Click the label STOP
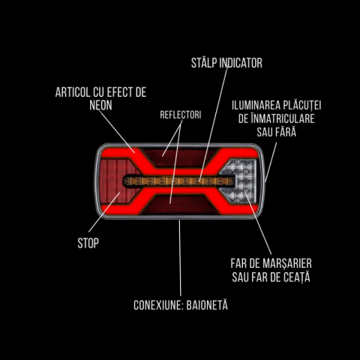tap(88, 243)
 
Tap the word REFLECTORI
tap(181, 115)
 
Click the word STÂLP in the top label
tap(204, 63)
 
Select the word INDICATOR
tap(241, 63)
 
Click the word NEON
tap(100, 105)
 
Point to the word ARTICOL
tap(73, 92)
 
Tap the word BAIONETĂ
tap(207, 304)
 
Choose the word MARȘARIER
tap(289, 264)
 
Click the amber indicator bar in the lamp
tap(179, 181)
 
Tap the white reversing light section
tap(243, 181)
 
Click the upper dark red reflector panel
tap(179, 157)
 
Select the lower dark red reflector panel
tap(179, 205)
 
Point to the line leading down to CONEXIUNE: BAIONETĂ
tap(180, 258)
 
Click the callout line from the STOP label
tap(104, 212)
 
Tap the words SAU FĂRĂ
tap(277, 132)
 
